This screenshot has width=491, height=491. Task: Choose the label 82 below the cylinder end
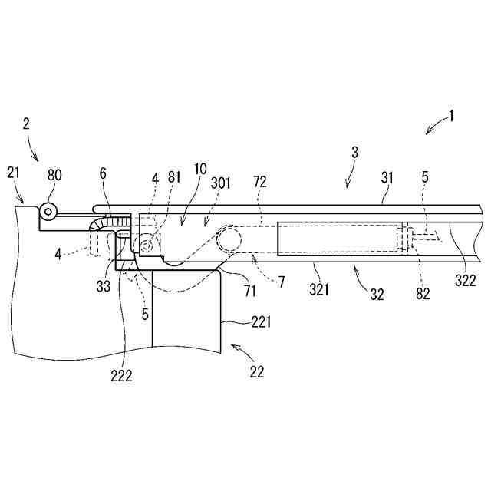pyautogui.click(x=423, y=292)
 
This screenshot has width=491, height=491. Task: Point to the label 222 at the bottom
pyautogui.click(x=121, y=375)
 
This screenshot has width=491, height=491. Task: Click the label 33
pyautogui.click(x=103, y=287)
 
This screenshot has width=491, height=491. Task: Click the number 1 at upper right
pyautogui.click(x=452, y=117)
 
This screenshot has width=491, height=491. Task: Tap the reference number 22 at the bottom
pyautogui.click(x=256, y=372)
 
